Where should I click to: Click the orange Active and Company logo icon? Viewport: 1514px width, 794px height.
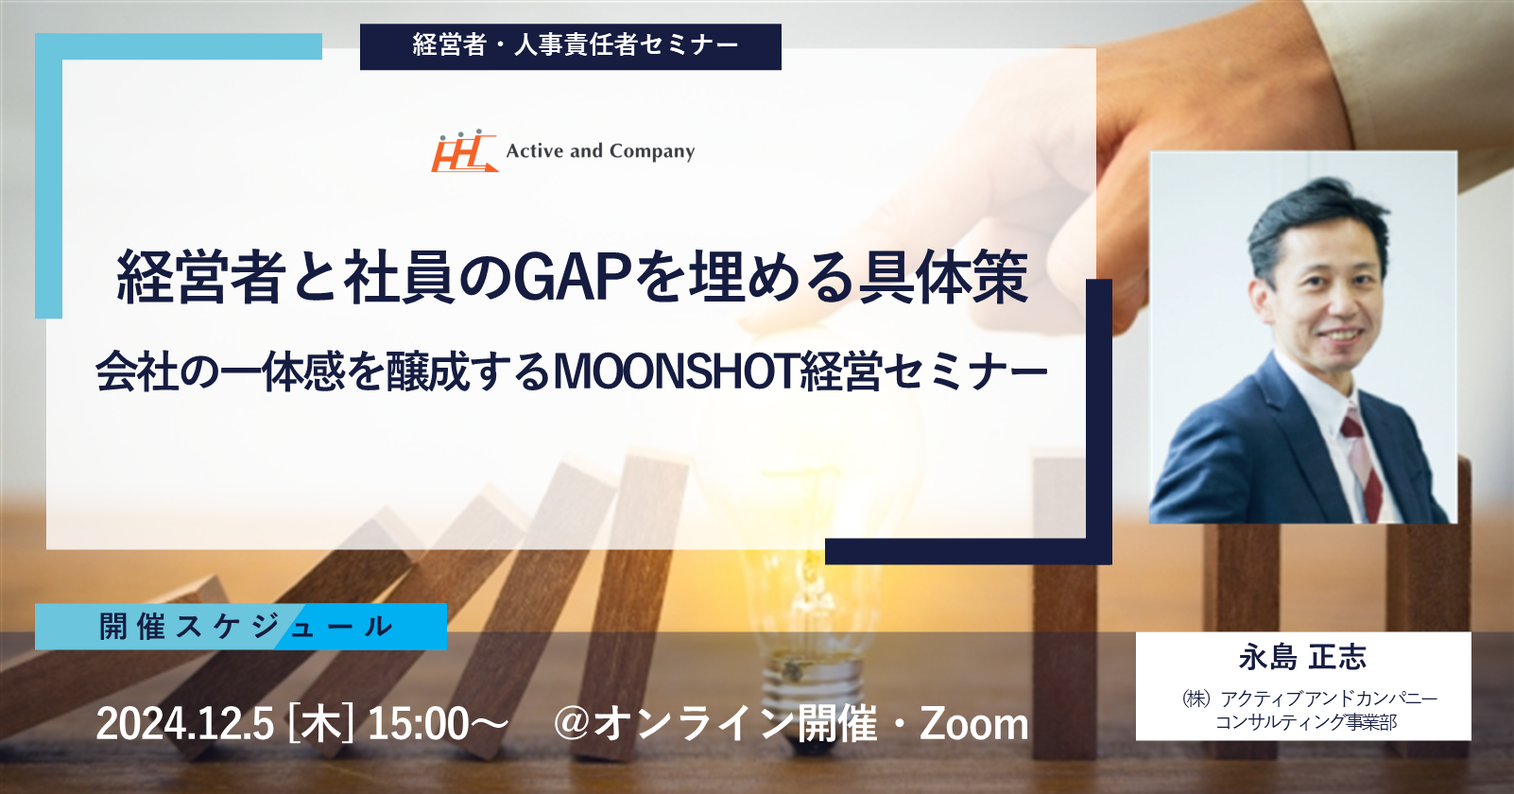(x=464, y=150)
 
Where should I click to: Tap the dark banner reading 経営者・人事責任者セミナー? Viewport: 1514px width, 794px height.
(x=571, y=46)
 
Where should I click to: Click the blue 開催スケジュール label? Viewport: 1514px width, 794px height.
(x=241, y=627)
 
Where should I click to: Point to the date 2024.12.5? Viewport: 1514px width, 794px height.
(x=184, y=724)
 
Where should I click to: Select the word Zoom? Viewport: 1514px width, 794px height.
(x=974, y=724)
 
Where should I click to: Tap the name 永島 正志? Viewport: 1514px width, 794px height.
(x=1302, y=656)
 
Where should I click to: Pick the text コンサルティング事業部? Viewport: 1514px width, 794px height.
(x=1306, y=722)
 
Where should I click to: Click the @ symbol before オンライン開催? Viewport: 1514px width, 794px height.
(x=573, y=724)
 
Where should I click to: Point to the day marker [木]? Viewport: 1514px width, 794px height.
(x=320, y=724)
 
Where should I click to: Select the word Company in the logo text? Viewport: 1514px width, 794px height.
(x=651, y=151)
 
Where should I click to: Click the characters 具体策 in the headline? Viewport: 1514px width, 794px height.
(x=943, y=277)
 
